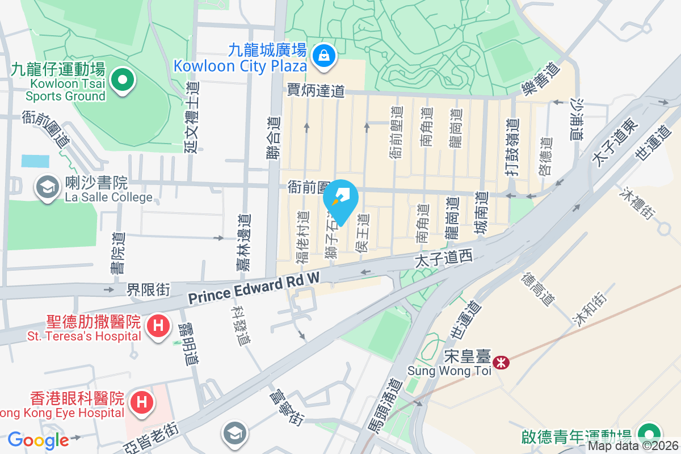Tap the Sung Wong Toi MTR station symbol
(x=501, y=362)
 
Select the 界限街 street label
(x=148, y=290)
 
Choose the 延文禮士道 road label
(x=192, y=117)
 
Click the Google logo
(x=38, y=440)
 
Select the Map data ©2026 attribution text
(x=633, y=446)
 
